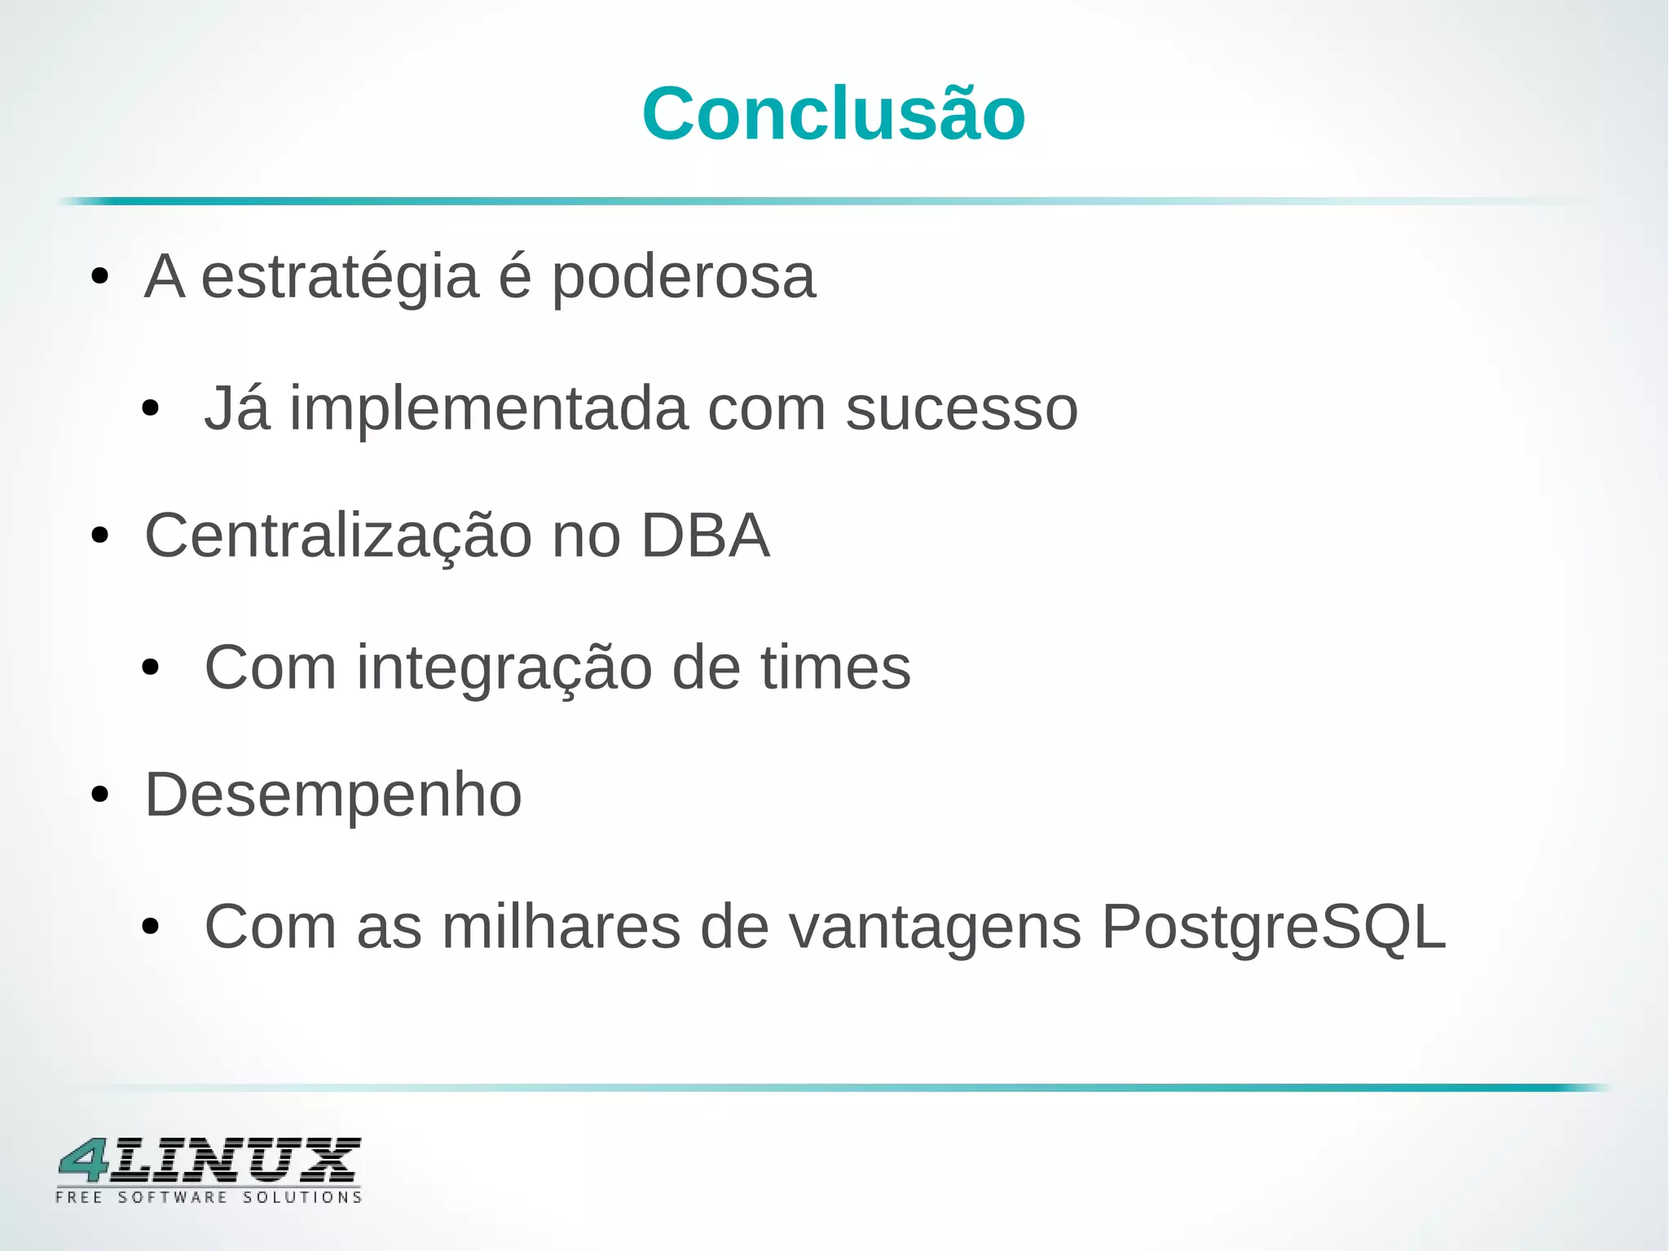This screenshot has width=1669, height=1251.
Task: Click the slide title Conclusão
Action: [x=834, y=114]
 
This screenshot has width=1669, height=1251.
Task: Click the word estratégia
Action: [x=340, y=277]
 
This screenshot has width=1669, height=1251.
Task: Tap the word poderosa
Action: [x=683, y=277]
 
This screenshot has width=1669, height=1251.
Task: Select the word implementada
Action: [x=488, y=408]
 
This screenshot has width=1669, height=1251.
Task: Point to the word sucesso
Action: [x=962, y=408]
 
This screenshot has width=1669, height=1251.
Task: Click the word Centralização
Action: [x=338, y=536]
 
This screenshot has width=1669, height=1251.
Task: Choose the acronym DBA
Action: [x=705, y=536]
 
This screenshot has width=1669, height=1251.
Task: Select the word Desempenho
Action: [x=333, y=795]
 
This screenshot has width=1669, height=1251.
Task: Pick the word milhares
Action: [x=561, y=927]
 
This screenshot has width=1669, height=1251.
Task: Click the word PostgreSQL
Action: [x=1273, y=927]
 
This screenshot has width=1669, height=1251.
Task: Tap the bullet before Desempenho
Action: [x=100, y=795]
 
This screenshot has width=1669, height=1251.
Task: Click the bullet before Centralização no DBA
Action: [x=100, y=536]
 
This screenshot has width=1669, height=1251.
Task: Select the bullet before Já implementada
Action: [x=150, y=408]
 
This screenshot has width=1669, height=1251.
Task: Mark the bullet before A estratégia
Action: [x=100, y=277]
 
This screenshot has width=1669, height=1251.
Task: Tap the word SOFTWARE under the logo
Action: [x=173, y=1197]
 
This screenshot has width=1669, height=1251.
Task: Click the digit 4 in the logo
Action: [x=84, y=1160]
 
